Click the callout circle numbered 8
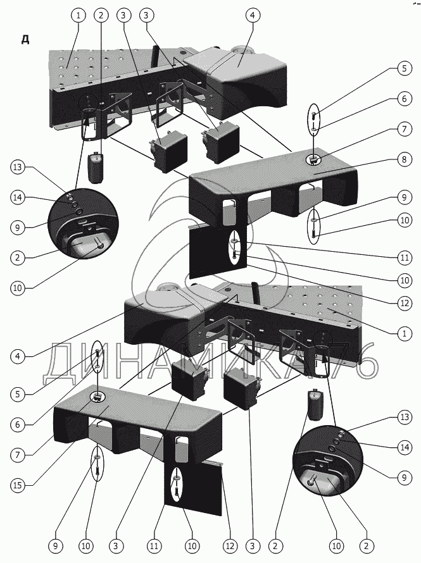click(x=404, y=160)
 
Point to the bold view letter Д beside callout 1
click(x=25, y=40)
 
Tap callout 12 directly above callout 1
click(x=404, y=303)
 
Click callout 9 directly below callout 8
click(x=404, y=197)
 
